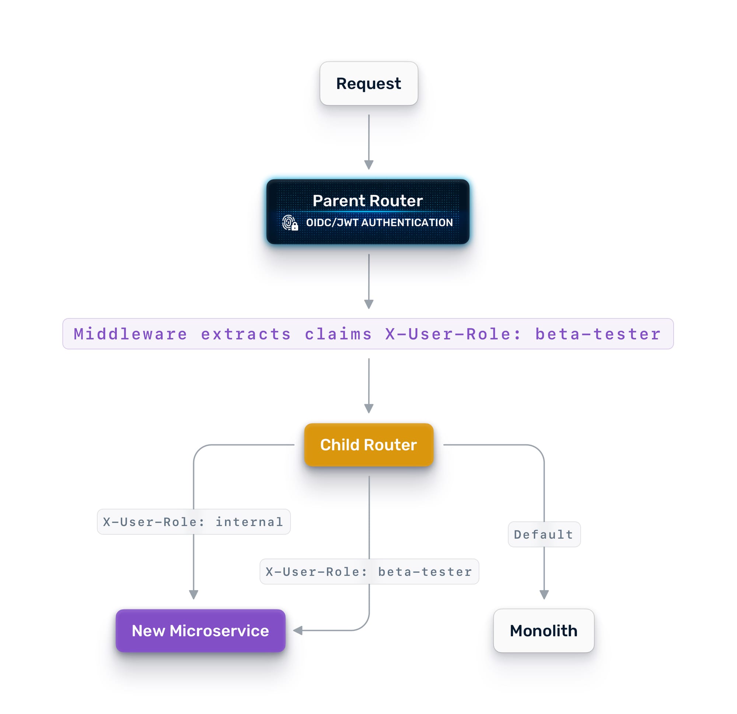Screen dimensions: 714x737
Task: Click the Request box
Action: click(368, 84)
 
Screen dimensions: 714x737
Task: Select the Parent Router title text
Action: click(367, 201)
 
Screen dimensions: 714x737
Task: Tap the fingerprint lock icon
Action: click(290, 223)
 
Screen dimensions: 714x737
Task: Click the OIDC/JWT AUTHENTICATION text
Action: click(379, 223)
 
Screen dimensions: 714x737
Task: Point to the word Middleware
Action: click(130, 334)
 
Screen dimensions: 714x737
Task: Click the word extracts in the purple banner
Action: click(246, 334)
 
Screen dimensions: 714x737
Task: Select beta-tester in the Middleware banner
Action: click(597, 334)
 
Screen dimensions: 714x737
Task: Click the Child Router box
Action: click(368, 445)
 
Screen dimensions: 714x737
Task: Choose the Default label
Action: click(544, 534)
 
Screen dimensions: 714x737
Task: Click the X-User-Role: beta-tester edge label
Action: click(369, 571)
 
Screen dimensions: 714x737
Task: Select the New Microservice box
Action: click(200, 631)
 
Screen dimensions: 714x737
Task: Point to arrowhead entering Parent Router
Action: click(368, 165)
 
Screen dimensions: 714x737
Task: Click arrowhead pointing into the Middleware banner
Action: click(368, 304)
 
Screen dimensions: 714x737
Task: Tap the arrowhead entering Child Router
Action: click(368, 408)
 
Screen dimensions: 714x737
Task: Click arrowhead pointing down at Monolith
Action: click(544, 594)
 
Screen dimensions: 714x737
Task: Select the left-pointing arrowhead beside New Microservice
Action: click(298, 630)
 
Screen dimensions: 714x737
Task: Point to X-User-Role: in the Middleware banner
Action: click(453, 334)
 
